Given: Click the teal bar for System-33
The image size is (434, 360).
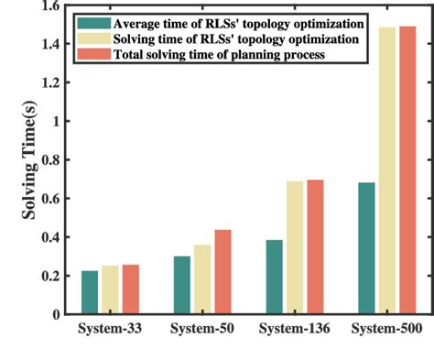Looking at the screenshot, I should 90,292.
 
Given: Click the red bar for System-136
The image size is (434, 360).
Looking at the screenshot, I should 315,246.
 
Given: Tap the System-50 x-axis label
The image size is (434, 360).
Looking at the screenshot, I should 202,328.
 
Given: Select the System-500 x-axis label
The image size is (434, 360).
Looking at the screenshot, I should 385,328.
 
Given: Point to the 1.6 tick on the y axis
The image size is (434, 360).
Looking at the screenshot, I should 57,6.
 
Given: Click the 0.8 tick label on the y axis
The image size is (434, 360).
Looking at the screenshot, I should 57,160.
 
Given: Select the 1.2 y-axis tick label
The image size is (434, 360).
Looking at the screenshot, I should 57,83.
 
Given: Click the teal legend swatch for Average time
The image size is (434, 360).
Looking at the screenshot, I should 93,21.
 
